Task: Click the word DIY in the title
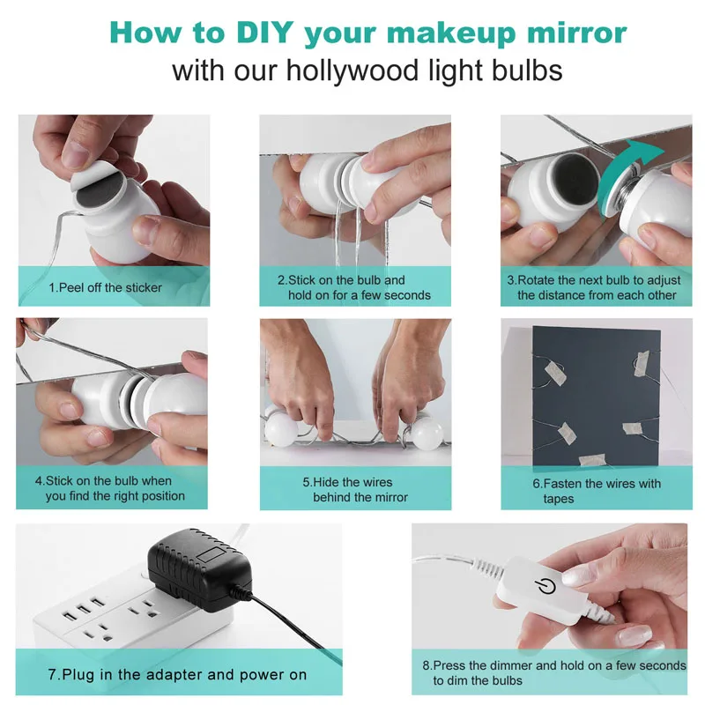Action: pyautogui.click(x=265, y=33)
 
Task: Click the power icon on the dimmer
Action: pyautogui.click(x=545, y=586)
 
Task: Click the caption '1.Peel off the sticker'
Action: pyautogui.click(x=105, y=288)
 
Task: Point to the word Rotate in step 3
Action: pyautogui.click(x=536, y=280)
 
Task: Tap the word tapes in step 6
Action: pyautogui.click(x=559, y=499)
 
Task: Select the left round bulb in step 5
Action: pyautogui.click(x=281, y=428)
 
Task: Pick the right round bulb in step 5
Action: pyautogui.click(x=427, y=433)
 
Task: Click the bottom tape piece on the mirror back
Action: pyautogui.click(x=591, y=460)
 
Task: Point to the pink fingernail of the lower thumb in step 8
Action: pyautogui.click(x=634, y=636)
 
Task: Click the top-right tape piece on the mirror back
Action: pyautogui.click(x=642, y=363)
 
